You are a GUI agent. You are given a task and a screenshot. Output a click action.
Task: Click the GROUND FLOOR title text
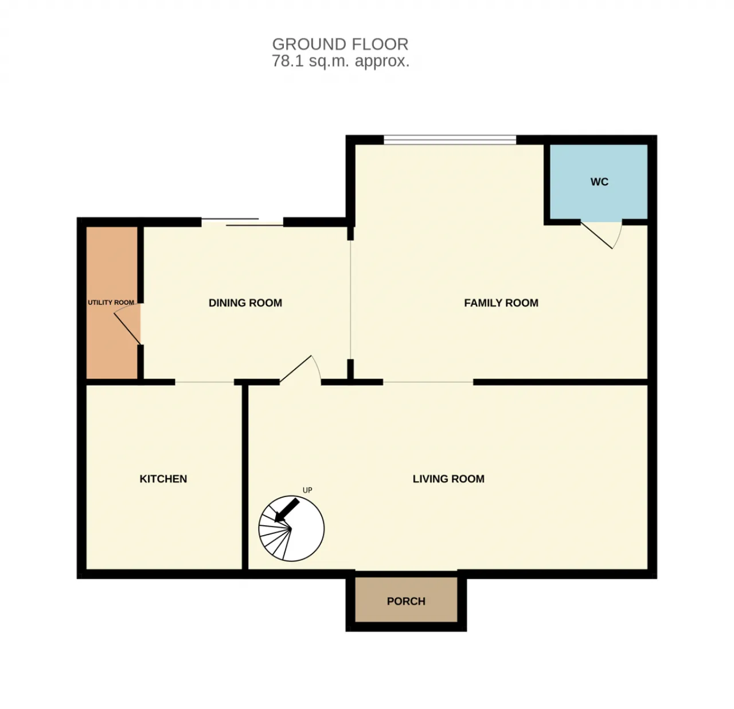[340, 45]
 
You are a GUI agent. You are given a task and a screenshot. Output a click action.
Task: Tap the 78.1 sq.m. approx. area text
[341, 61]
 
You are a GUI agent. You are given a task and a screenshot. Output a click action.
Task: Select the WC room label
[599, 182]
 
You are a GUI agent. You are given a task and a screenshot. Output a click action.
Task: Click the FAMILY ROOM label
[501, 303]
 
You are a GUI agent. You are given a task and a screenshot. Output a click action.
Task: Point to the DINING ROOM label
[245, 303]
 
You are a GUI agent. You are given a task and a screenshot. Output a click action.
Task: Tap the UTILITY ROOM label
[111, 303]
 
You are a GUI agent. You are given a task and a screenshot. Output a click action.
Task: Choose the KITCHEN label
[163, 479]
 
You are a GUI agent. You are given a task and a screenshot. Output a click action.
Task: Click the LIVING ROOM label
[448, 479]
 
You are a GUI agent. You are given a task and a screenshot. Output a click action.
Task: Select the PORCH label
[406, 601]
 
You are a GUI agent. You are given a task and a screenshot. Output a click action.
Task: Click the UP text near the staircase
[307, 490]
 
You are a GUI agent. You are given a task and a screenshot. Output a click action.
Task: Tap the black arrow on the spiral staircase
[286, 510]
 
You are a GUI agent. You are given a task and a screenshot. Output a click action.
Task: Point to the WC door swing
[602, 235]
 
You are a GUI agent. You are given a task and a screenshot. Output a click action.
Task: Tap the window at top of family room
[450, 140]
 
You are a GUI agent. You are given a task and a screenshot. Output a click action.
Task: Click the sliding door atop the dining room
[242, 222]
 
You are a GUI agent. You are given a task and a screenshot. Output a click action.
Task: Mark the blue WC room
[599, 182]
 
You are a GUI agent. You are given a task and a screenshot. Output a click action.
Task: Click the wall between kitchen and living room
[245, 477]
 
